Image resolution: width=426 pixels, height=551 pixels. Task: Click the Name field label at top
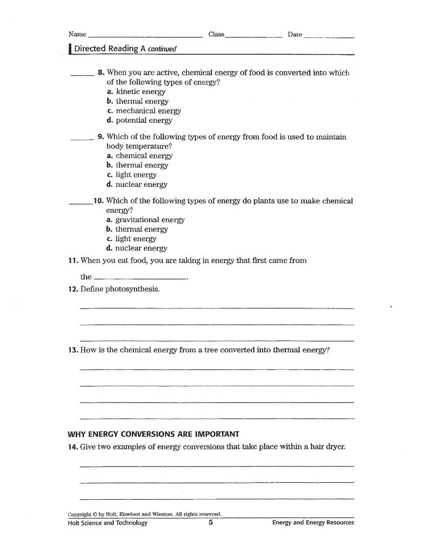point(77,35)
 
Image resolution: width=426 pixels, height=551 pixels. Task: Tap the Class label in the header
point(216,35)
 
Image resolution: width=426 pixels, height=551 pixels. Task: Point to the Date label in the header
point(295,35)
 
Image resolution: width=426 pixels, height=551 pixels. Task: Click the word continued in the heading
point(159,49)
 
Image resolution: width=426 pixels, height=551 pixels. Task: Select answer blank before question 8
point(81,75)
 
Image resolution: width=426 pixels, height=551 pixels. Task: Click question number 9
point(101,137)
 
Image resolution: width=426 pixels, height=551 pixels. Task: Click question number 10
point(99,201)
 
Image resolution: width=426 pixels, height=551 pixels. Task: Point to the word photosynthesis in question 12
point(132,289)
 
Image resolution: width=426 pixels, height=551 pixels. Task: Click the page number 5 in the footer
point(210,523)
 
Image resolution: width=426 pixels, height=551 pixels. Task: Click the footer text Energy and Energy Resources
point(313,523)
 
